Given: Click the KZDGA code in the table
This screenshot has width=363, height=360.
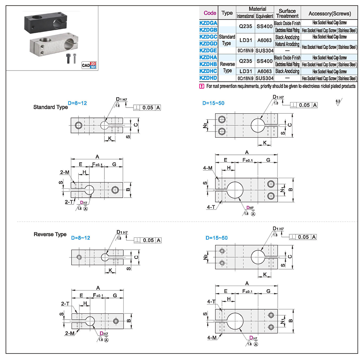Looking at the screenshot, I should pyautogui.click(x=208, y=23).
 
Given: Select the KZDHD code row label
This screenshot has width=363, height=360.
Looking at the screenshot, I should pyautogui.click(x=208, y=78).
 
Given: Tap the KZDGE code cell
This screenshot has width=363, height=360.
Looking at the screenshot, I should pyautogui.click(x=208, y=50).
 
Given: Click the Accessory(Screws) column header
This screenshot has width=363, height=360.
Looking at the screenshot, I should pyautogui.click(x=329, y=13).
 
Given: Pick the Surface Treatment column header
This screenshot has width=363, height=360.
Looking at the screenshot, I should pyautogui.click(x=287, y=13).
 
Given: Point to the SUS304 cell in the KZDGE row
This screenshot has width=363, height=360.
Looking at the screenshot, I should pyautogui.click(x=264, y=50).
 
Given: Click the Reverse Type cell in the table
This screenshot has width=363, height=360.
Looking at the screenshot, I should pyautogui.click(x=227, y=67).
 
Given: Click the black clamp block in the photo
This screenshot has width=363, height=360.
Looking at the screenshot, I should pyautogui.click(x=45, y=21).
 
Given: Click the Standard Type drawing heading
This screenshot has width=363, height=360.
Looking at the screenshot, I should pyautogui.click(x=50, y=107).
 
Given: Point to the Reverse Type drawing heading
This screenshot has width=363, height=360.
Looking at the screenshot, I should pyautogui.click(x=50, y=235).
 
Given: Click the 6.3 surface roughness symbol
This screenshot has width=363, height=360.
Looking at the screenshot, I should pyautogui.click(x=338, y=102).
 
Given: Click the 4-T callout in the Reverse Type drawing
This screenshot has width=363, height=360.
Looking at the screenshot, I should pyautogui.click(x=211, y=301).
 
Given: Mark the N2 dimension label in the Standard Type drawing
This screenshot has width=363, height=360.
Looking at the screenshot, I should pyautogui.click(x=204, y=126).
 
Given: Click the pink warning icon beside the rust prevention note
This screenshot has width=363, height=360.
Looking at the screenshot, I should pyautogui.click(x=202, y=86).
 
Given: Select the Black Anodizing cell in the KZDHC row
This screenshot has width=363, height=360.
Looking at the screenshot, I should pyautogui.click(x=287, y=71).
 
